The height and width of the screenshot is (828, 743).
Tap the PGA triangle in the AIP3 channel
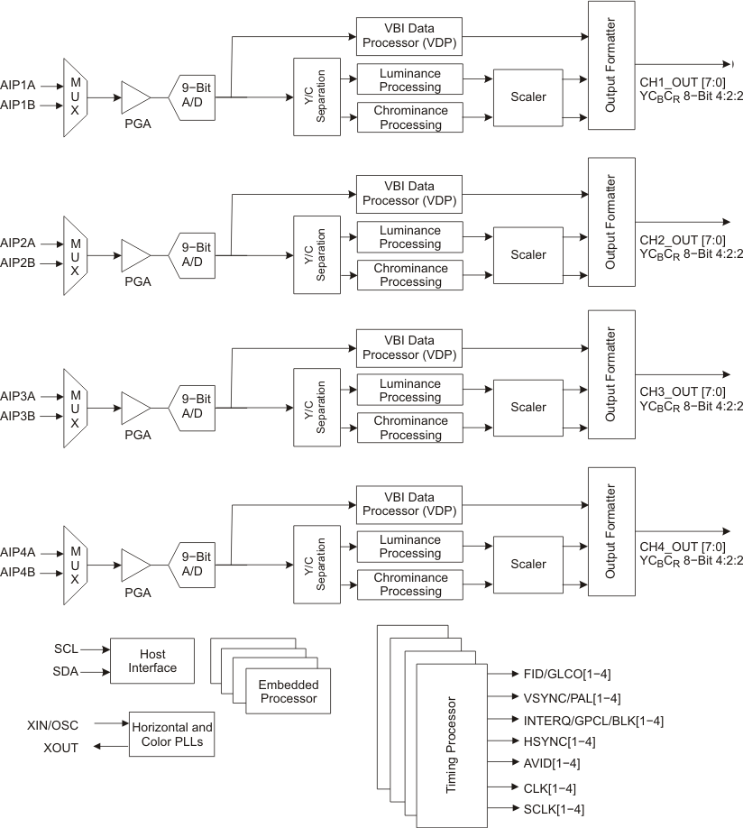coord(136,409)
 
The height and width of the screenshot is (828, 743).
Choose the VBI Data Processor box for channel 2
coord(409,193)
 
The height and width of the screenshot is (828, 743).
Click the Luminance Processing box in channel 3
coord(409,391)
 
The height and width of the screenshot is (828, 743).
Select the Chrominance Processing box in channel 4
coord(409,584)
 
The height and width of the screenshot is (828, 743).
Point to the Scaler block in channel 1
coord(527,97)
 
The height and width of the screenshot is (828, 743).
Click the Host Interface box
coord(151,660)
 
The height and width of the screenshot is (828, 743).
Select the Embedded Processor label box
coord(288,692)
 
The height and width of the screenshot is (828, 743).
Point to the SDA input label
coord(66,671)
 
